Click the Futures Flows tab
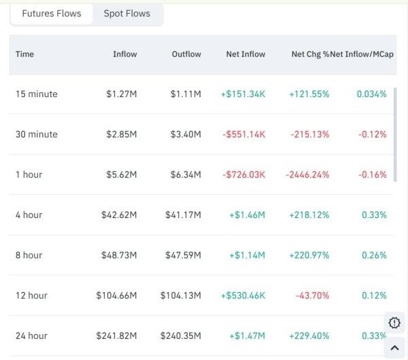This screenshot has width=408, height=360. tap(52, 14)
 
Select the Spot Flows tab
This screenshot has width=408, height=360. tap(127, 14)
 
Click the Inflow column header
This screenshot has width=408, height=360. tap(124, 54)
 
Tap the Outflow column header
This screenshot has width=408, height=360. tap(186, 54)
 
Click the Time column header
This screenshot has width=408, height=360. tap(24, 54)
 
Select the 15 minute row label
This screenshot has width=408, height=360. tap(37, 94)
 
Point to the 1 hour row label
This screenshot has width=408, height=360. tap(29, 175)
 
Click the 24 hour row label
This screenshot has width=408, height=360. tap(32, 336)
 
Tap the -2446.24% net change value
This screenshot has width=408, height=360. tap(307, 175)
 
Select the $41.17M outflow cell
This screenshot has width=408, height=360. tap(183, 215)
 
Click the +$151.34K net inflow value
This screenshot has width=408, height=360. tap(243, 94)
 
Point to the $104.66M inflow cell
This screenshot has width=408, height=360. tap(116, 295)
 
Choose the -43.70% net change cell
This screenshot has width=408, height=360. tap(312, 295)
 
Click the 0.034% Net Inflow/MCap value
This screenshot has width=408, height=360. tap(371, 94)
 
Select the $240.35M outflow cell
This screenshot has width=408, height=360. tap(180, 336)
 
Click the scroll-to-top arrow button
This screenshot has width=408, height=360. tap(394, 348)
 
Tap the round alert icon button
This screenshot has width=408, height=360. tap(394, 323)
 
